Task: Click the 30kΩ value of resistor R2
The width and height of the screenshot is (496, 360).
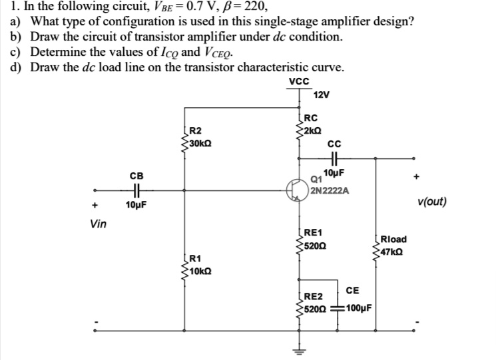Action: (x=200, y=143)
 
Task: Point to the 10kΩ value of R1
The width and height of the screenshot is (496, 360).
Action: (x=200, y=271)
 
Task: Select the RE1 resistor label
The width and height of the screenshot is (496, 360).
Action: (x=312, y=232)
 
